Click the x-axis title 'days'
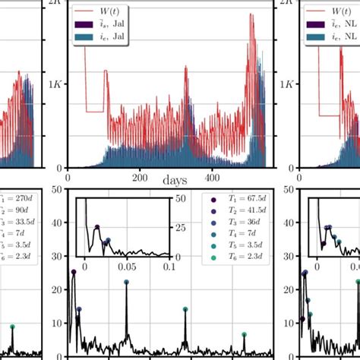(172, 181)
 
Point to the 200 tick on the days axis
(140, 178)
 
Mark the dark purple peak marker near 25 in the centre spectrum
(74, 272)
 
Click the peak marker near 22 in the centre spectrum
(126, 282)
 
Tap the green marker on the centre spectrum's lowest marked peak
(244, 334)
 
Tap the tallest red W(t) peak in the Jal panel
(251, 14)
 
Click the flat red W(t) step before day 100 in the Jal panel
(93, 112)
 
